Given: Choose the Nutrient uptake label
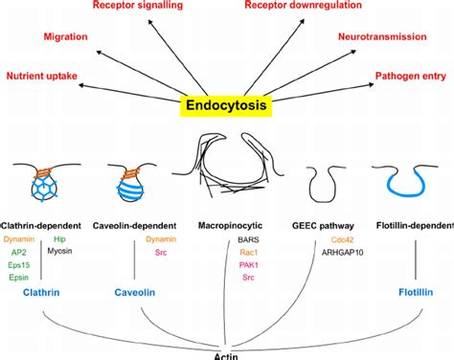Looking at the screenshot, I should click(43, 76).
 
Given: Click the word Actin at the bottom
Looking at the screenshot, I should click(227, 353).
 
